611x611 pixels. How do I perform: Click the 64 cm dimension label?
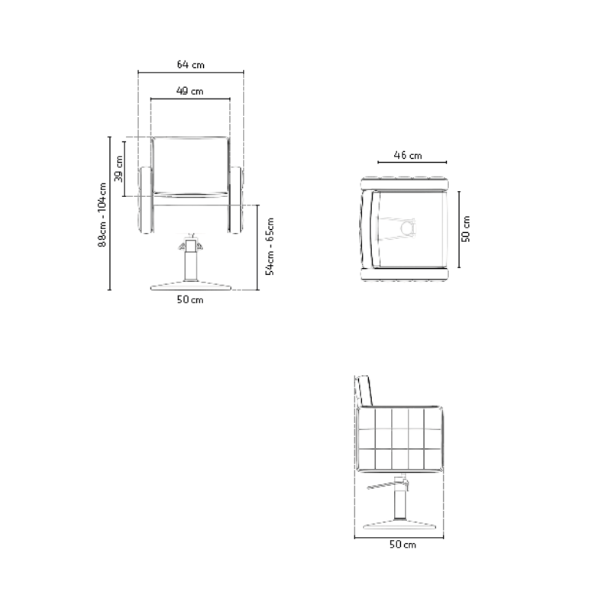[x=190, y=64]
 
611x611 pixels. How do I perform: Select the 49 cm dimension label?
[x=189, y=91]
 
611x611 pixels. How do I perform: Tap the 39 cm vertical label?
[x=118, y=169]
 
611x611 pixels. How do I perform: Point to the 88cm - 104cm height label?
[x=102, y=215]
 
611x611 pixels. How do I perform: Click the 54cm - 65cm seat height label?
[x=270, y=247]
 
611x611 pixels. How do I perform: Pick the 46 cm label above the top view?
[x=408, y=155]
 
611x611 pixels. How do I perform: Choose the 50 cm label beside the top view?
[x=466, y=228]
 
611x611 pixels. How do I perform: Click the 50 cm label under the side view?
[x=402, y=545]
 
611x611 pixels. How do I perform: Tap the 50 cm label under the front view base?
[x=190, y=299]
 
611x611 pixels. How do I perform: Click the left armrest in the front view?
[x=146, y=200]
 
